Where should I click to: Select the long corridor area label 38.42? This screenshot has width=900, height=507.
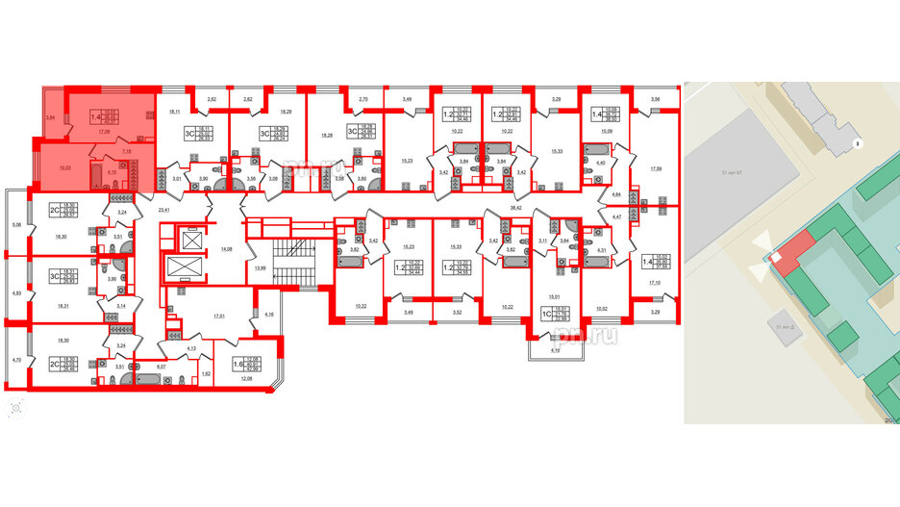click(x=515, y=208)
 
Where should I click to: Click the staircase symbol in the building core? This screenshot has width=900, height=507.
click(x=294, y=262)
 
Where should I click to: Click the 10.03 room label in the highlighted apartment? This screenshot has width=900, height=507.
click(x=65, y=168)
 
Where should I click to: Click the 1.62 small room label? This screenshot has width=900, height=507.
click(x=206, y=372)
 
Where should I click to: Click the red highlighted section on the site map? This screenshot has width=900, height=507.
click(x=786, y=259)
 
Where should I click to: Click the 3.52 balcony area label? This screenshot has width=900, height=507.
click(x=457, y=314)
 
